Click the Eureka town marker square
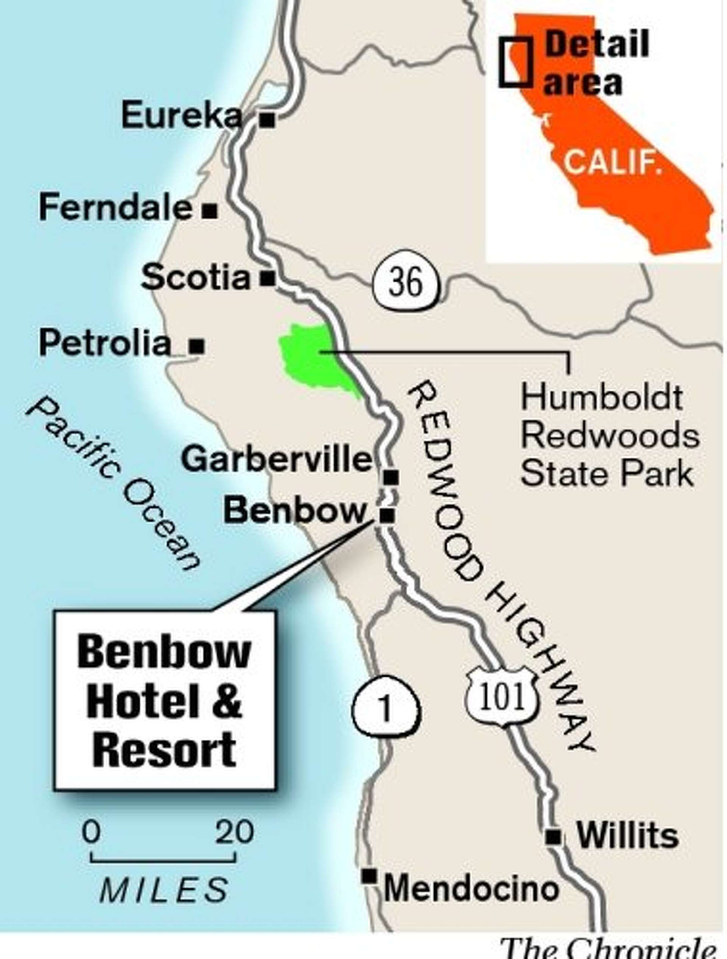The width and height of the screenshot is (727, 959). [x=267, y=120]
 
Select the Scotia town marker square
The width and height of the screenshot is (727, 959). [x=267, y=278]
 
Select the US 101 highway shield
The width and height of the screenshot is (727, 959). [x=502, y=697]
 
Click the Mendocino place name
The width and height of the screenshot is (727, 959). [x=471, y=889]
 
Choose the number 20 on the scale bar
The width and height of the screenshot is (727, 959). [x=234, y=831]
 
